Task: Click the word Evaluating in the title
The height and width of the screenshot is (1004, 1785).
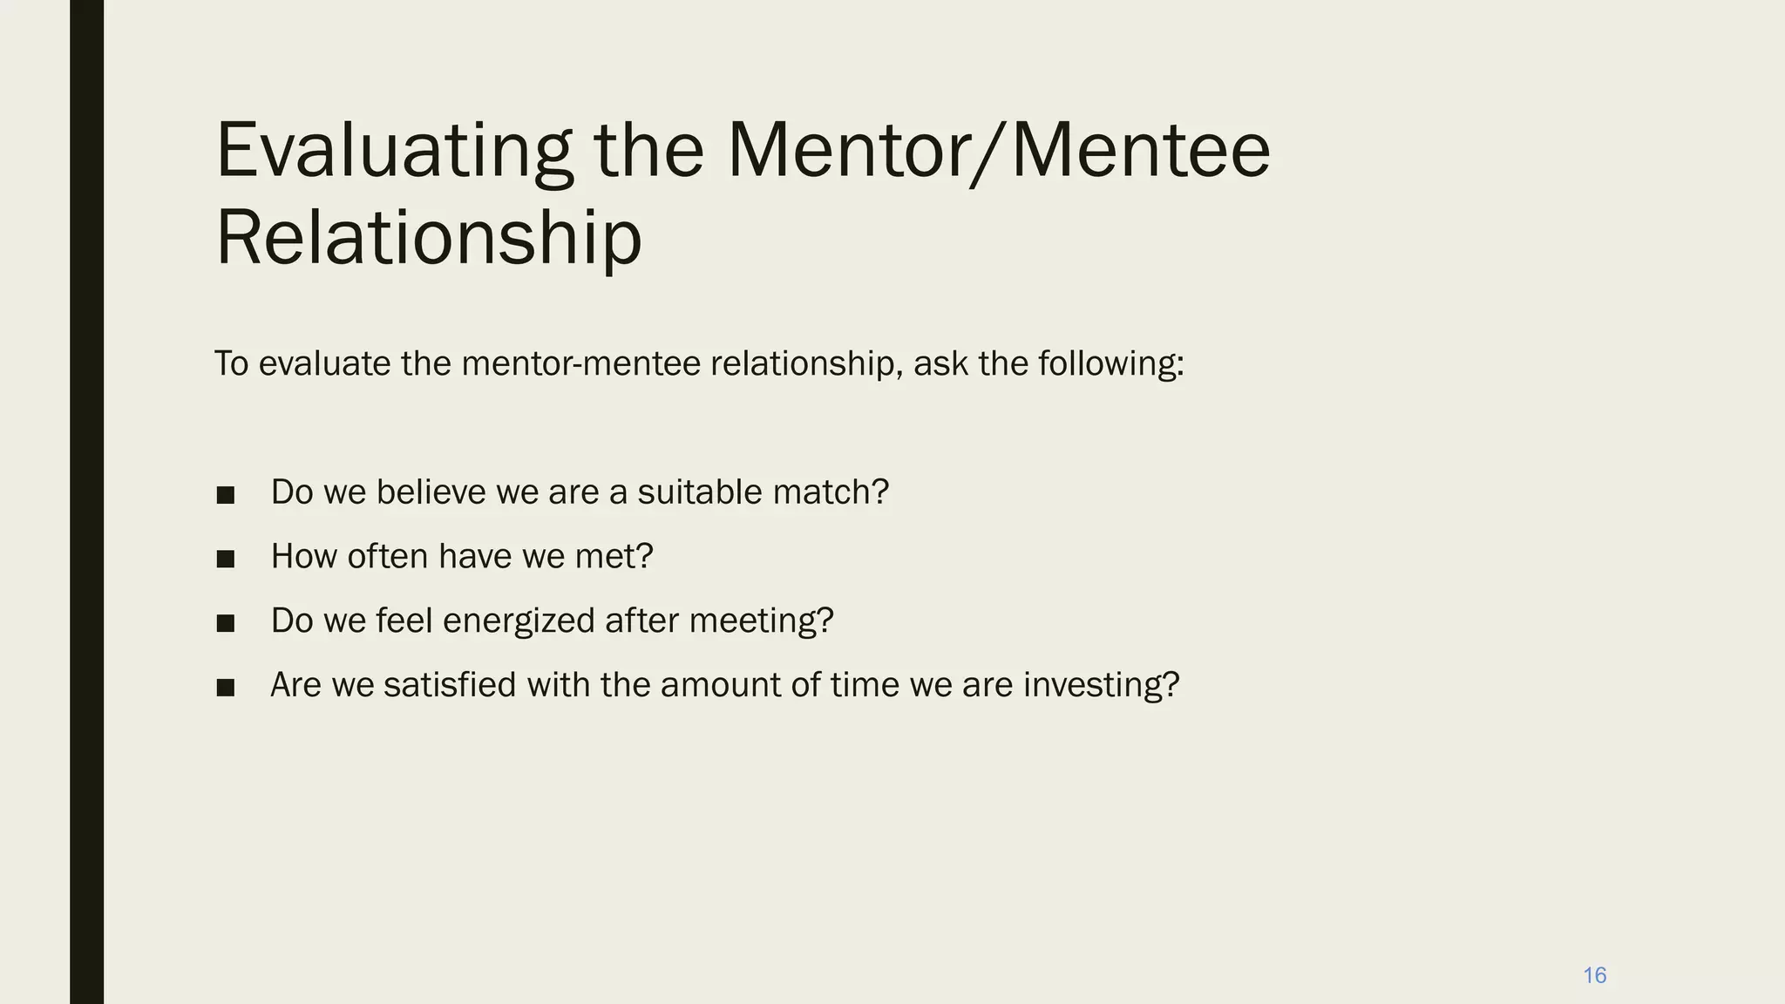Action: click(x=394, y=152)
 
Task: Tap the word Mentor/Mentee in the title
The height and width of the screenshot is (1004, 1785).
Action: click(x=998, y=152)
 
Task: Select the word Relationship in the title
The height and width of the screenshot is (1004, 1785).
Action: click(x=428, y=237)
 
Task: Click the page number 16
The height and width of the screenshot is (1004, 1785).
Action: click(x=1594, y=975)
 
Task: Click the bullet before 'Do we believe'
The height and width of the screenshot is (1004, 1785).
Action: click(x=226, y=495)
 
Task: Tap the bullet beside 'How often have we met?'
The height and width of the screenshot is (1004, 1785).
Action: click(x=226, y=559)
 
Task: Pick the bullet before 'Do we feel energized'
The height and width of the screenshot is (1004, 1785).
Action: click(x=226, y=623)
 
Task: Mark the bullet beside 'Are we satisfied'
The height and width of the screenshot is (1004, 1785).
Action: click(x=226, y=688)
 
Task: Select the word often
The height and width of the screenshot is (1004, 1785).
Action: click(x=387, y=556)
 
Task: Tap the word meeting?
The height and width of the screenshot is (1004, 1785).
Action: click(x=761, y=621)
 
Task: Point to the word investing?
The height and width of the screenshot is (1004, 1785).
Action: click(x=1101, y=685)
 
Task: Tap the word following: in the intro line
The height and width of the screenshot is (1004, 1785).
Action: click(x=1110, y=363)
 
